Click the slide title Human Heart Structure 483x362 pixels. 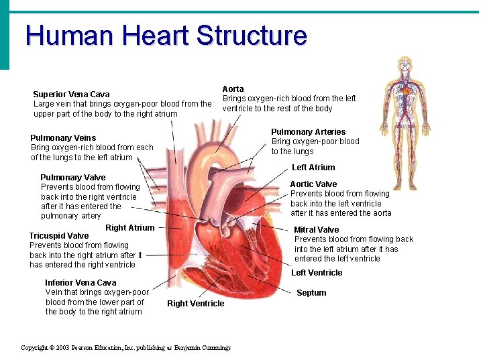click(166, 36)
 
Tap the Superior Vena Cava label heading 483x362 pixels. click(71, 95)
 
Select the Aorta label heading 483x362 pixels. click(233, 88)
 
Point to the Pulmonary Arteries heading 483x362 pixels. click(308, 132)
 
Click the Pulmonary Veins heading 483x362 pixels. click(63, 138)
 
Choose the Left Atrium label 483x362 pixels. click(313, 168)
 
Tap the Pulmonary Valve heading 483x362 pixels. click(72, 178)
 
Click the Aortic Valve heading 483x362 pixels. click(313, 184)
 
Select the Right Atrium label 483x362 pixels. click(129, 228)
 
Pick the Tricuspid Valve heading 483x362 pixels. click(59, 236)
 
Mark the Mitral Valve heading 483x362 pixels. click(317, 230)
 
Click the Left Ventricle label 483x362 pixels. click(317, 273)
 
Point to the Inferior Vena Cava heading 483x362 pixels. click(80, 283)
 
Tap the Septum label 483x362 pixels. click(311, 293)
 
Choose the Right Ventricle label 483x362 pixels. click(196, 304)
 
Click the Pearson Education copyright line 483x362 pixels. click(126, 348)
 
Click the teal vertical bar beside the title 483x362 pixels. click(5, 34)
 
